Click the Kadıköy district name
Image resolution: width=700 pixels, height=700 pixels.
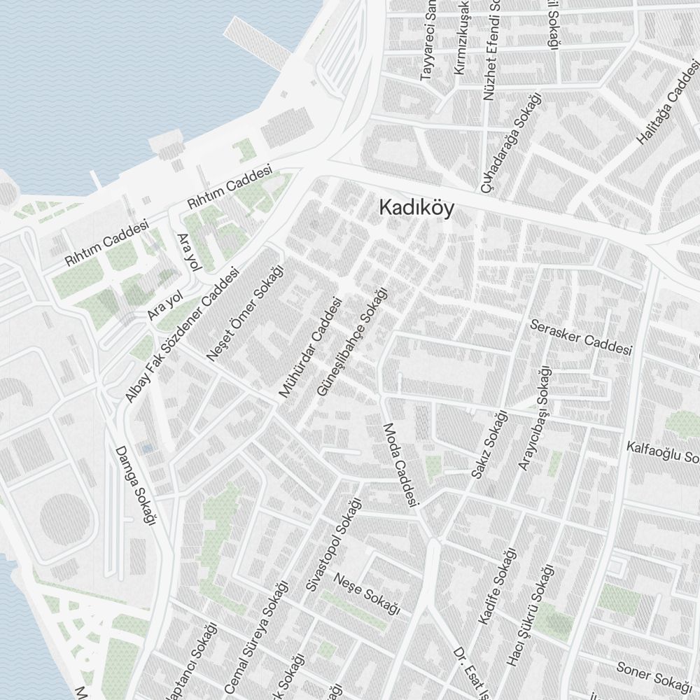tap(416, 208)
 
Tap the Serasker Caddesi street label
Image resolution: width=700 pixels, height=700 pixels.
tap(581, 337)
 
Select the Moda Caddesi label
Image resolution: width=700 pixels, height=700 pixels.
tap(400, 465)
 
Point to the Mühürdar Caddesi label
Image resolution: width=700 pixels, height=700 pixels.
tap(310, 348)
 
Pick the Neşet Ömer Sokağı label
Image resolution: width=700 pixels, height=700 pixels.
tap(246, 313)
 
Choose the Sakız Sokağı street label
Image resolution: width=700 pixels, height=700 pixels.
tap(489, 446)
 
